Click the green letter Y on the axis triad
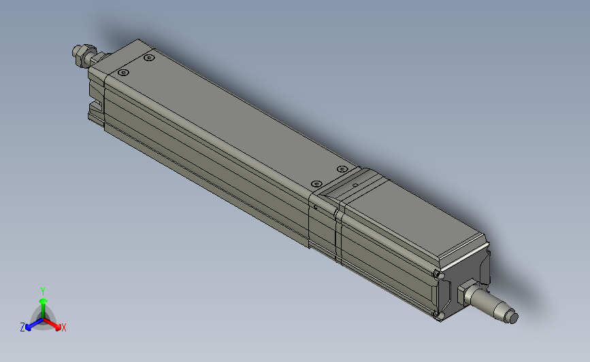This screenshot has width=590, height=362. [x=43, y=291]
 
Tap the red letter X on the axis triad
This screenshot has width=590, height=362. [x=64, y=328]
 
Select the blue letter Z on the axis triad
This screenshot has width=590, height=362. [x=22, y=327]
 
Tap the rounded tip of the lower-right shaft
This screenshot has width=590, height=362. [x=512, y=317]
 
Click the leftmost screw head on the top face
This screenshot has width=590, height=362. [x=122, y=72]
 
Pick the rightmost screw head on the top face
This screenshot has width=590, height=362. [x=342, y=168]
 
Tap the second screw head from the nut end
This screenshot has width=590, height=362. [x=149, y=59]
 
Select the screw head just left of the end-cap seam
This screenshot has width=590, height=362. [x=315, y=184]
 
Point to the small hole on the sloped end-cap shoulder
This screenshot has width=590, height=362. [x=354, y=184]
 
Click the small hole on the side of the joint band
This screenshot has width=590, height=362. [x=314, y=206]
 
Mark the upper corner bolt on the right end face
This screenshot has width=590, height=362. [x=436, y=274]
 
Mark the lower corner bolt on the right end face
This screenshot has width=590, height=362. [x=439, y=315]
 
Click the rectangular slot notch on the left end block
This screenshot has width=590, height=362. [x=94, y=109]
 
